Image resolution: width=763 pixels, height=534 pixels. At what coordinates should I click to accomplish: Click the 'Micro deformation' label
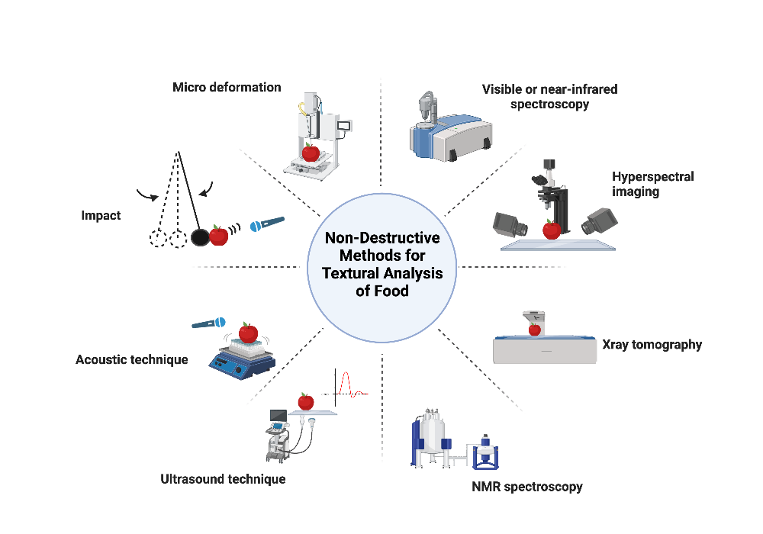(227, 87)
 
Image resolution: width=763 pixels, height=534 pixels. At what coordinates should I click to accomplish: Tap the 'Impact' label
(101, 216)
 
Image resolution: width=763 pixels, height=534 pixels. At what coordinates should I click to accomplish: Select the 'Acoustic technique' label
(131, 359)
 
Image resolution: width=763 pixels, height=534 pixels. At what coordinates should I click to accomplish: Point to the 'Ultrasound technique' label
(223, 479)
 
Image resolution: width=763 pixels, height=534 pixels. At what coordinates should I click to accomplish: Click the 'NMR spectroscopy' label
(527, 486)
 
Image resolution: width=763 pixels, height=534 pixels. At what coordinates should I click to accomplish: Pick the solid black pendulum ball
(199, 237)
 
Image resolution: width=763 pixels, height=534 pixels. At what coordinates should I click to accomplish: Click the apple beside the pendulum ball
(219, 236)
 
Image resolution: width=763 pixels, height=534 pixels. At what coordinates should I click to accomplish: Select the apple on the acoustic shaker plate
(248, 333)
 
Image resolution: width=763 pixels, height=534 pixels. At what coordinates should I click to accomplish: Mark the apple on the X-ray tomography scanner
(535, 329)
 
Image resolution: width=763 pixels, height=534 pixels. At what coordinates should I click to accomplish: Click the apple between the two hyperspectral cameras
(552, 229)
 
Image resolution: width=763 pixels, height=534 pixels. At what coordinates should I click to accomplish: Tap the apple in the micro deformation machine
(311, 153)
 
